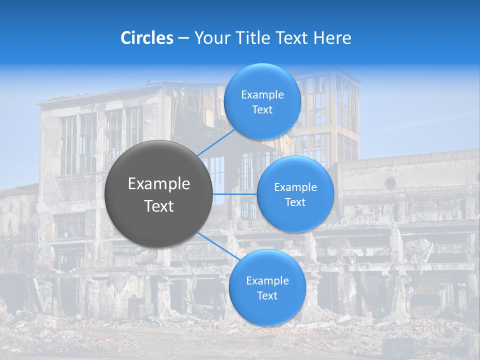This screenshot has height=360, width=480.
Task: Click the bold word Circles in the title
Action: pos(147,38)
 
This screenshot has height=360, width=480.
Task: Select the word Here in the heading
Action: pos(332,38)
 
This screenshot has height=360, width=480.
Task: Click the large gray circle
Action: pos(158,194)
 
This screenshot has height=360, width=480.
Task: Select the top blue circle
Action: pos(262,101)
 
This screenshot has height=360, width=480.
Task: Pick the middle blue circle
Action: pos(295,194)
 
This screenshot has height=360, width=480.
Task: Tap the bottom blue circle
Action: pos(267,287)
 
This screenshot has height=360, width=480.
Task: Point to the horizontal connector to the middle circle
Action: pos(234,194)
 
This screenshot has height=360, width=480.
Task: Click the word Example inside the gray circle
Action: pos(159,184)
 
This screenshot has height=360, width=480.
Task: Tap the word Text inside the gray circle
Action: pos(159,206)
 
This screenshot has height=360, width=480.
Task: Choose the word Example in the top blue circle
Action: pos(262,95)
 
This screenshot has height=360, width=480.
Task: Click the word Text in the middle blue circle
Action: pos(295,202)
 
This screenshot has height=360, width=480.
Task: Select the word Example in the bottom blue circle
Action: pos(267,280)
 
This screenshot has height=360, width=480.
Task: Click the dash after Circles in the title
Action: pos(183,38)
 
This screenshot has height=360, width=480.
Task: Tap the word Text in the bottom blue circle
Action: pos(267,295)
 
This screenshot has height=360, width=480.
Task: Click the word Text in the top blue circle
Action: pos(262,109)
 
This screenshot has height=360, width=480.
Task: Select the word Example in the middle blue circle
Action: pos(295,187)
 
